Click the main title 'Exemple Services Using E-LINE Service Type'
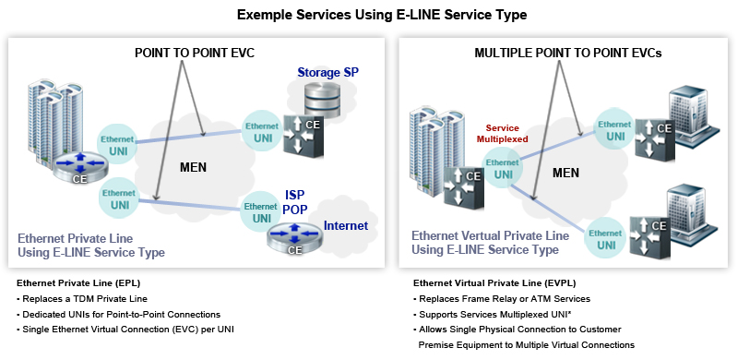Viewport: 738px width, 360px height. (x=369, y=15)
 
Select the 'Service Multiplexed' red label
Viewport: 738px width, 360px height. (x=502, y=133)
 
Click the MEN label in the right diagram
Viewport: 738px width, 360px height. (x=566, y=173)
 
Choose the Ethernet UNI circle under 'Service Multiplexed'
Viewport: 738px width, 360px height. (x=504, y=168)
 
